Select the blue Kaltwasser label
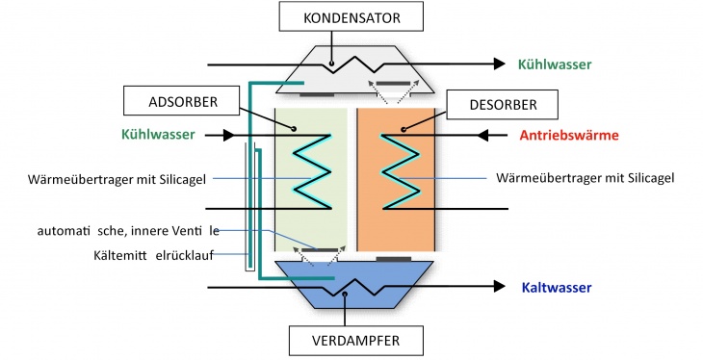(556, 287)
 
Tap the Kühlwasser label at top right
(555, 64)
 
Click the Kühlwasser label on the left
(158, 135)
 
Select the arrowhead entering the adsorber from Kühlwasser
(229, 136)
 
